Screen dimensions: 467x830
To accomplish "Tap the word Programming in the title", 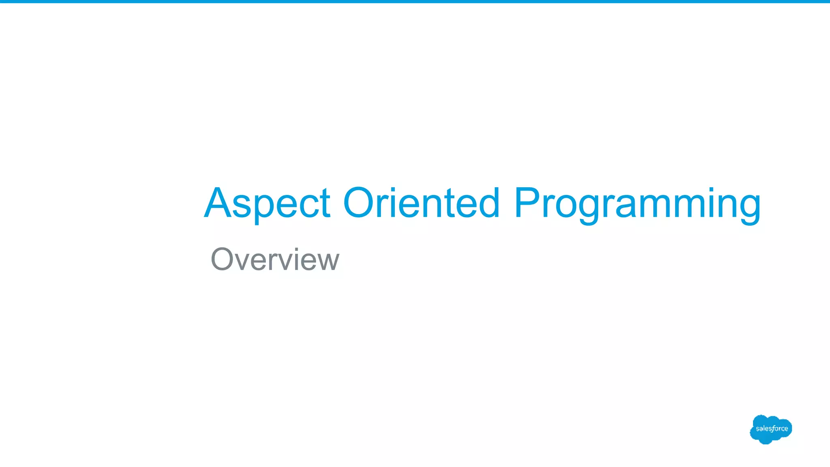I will point(637,204).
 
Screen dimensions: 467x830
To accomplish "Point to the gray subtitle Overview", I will point(275,259).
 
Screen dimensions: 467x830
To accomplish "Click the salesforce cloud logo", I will point(771,429).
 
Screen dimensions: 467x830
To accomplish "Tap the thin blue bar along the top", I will point(415,2).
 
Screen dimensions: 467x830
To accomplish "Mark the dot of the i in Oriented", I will point(393,189).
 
